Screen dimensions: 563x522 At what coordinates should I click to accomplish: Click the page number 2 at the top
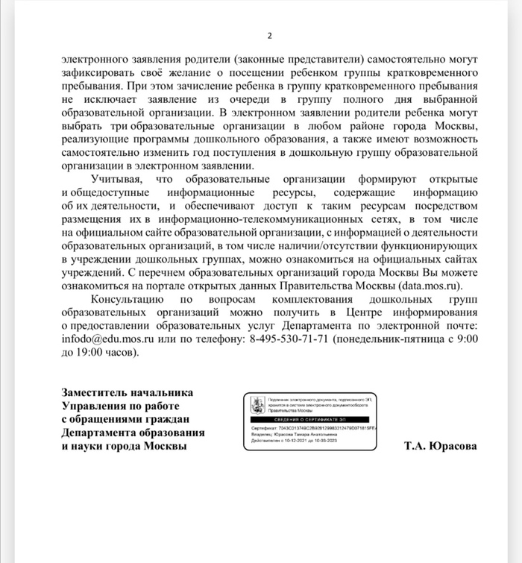[x=269, y=36]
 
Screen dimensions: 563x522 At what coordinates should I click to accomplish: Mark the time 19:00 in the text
[x=91, y=353]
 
